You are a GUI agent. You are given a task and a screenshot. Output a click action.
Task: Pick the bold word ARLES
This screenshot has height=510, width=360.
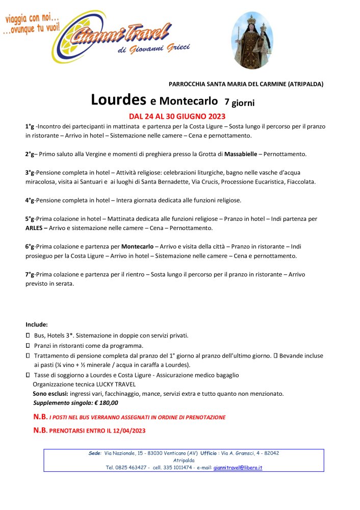34,228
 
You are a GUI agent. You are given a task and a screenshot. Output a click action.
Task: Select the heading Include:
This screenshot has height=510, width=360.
37,324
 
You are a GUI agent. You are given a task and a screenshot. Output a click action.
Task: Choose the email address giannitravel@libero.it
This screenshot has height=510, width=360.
238,467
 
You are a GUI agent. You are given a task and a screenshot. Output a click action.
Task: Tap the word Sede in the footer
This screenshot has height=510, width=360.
95,453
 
